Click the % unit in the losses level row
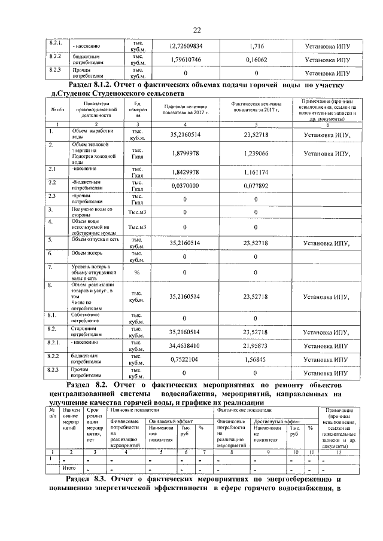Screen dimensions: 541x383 pos(137,273)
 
